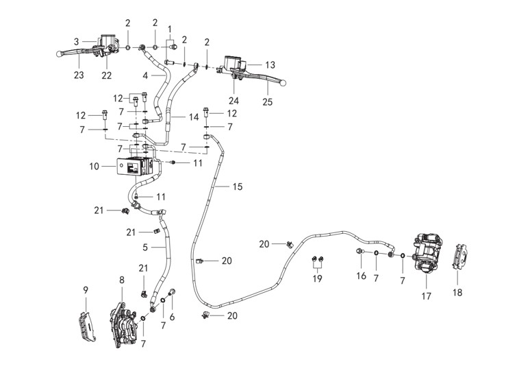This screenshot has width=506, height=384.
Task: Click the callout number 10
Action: click(x=94, y=167)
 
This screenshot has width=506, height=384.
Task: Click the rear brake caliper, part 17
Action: click(x=428, y=253)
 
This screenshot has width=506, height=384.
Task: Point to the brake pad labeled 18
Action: click(x=459, y=256)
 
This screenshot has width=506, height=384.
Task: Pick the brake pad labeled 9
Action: click(x=87, y=326)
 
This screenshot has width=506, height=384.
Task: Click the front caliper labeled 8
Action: click(x=123, y=325)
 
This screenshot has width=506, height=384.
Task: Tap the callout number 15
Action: click(x=238, y=187)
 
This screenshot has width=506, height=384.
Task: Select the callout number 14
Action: click(x=194, y=117)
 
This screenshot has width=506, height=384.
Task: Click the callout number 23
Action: click(x=79, y=75)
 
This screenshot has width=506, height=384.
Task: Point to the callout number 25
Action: click(x=268, y=102)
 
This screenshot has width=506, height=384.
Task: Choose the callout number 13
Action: click(x=270, y=65)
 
